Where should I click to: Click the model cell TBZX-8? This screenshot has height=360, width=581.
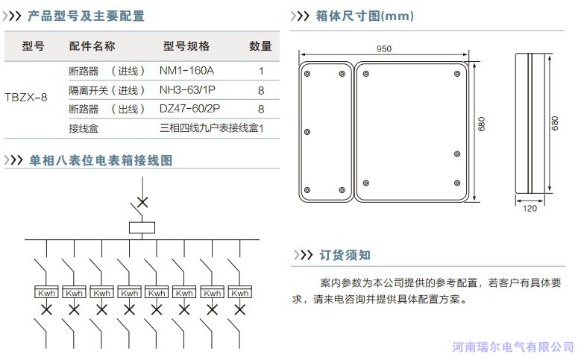point(26,98)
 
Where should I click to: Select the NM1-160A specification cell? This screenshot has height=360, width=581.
point(186,71)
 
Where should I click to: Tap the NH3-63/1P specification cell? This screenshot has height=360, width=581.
point(187,90)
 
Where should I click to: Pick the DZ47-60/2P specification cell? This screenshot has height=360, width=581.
point(190,109)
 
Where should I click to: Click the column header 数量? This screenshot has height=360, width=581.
point(260,46)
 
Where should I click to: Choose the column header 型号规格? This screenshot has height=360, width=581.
point(186,46)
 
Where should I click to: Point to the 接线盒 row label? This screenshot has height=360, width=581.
point(84,128)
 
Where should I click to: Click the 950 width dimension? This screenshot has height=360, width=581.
point(384,49)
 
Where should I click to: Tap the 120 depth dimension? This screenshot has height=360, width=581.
point(530,209)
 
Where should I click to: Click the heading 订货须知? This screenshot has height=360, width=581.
point(345,255)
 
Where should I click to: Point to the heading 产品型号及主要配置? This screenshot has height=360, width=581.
point(86,16)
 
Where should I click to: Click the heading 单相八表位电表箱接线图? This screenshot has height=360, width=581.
point(101,160)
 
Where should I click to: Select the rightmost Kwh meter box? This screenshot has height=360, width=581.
point(240,293)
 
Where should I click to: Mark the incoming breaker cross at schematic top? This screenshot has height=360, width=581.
point(141,201)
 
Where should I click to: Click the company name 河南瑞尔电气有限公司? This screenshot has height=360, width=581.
point(514,347)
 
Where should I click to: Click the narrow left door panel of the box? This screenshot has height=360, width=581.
point(325,131)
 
